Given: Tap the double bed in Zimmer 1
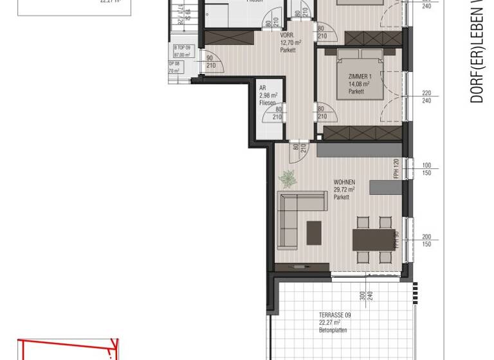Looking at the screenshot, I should (x=358, y=77).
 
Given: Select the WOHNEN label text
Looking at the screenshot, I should (x=343, y=183).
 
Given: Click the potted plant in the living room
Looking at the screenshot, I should (x=286, y=179).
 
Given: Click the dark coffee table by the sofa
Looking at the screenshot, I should (x=314, y=233).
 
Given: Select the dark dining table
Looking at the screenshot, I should (x=373, y=240).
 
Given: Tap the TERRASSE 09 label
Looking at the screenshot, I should (x=334, y=315).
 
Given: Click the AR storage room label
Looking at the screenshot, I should (x=262, y=88).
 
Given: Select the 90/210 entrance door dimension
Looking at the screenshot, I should (x=210, y=62).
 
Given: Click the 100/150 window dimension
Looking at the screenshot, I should (x=426, y=169).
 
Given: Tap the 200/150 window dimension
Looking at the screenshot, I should (x=426, y=240).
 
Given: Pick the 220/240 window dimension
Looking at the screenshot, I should (x=426, y=97).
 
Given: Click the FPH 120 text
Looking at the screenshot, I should (x=396, y=168).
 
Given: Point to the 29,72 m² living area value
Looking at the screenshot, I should (x=344, y=190).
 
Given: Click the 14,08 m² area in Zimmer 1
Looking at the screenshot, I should (x=358, y=84).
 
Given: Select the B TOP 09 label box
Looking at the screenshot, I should (x=183, y=51).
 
